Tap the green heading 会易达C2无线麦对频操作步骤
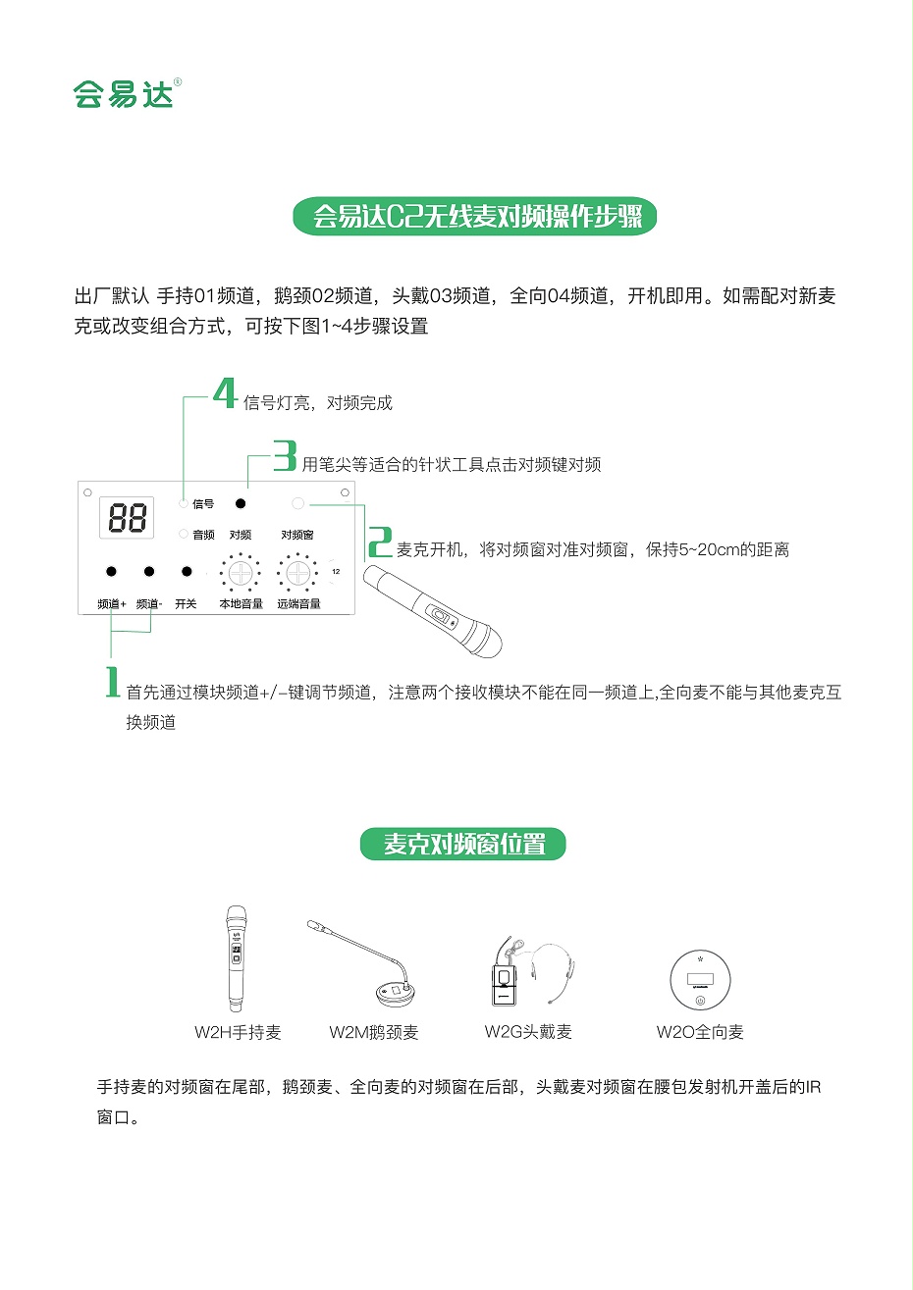(x=475, y=216)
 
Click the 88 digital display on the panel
(x=128, y=517)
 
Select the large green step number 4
(x=226, y=394)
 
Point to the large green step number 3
(x=285, y=456)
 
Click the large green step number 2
(x=380, y=542)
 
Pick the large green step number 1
(x=113, y=682)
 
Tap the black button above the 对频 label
(x=241, y=503)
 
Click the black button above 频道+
(x=112, y=571)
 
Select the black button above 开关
(x=187, y=571)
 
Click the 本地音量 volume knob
(x=241, y=573)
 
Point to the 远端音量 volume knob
(x=298, y=573)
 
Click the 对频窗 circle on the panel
(x=298, y=503)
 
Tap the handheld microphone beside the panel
(x=432, y=609)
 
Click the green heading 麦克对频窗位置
(x=463, y=844)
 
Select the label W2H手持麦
(x=238, y=1032)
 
